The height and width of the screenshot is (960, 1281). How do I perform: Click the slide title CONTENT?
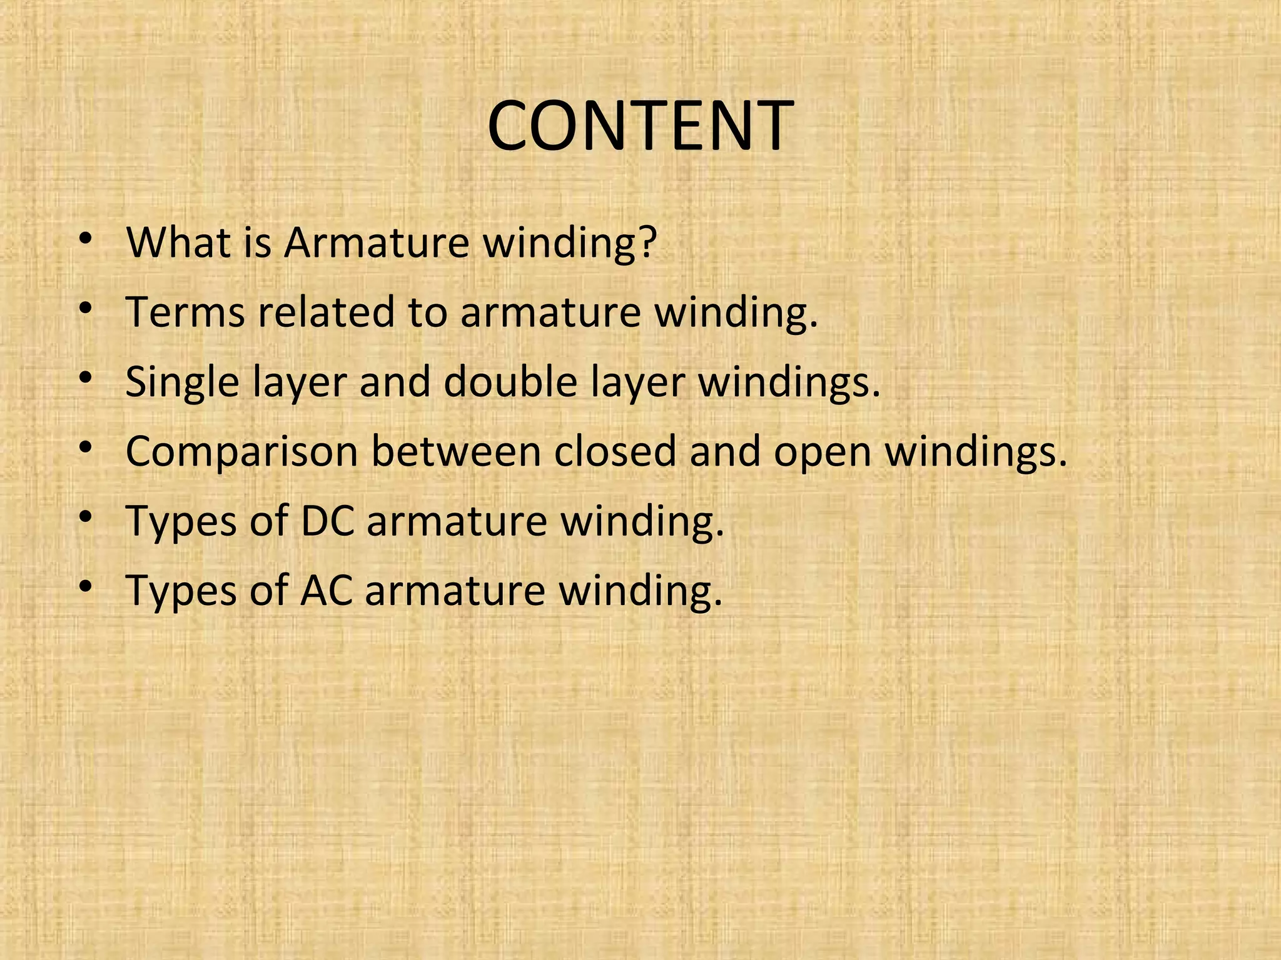tap(640, 126)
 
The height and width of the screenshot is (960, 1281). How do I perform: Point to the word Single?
tap(182, 382)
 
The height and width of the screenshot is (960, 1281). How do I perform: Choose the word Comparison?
tap(241, 452)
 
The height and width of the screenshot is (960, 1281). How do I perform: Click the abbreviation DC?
tap(327, 521)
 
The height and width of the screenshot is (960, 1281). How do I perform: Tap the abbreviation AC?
tap(326, 590)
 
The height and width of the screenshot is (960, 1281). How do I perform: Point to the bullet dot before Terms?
tap(86, 308)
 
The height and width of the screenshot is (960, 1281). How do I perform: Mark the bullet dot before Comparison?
tap(86, 447)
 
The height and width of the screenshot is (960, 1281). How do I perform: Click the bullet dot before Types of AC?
tap(86, 586)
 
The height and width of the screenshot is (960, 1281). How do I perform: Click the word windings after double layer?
tap(789, 382)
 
